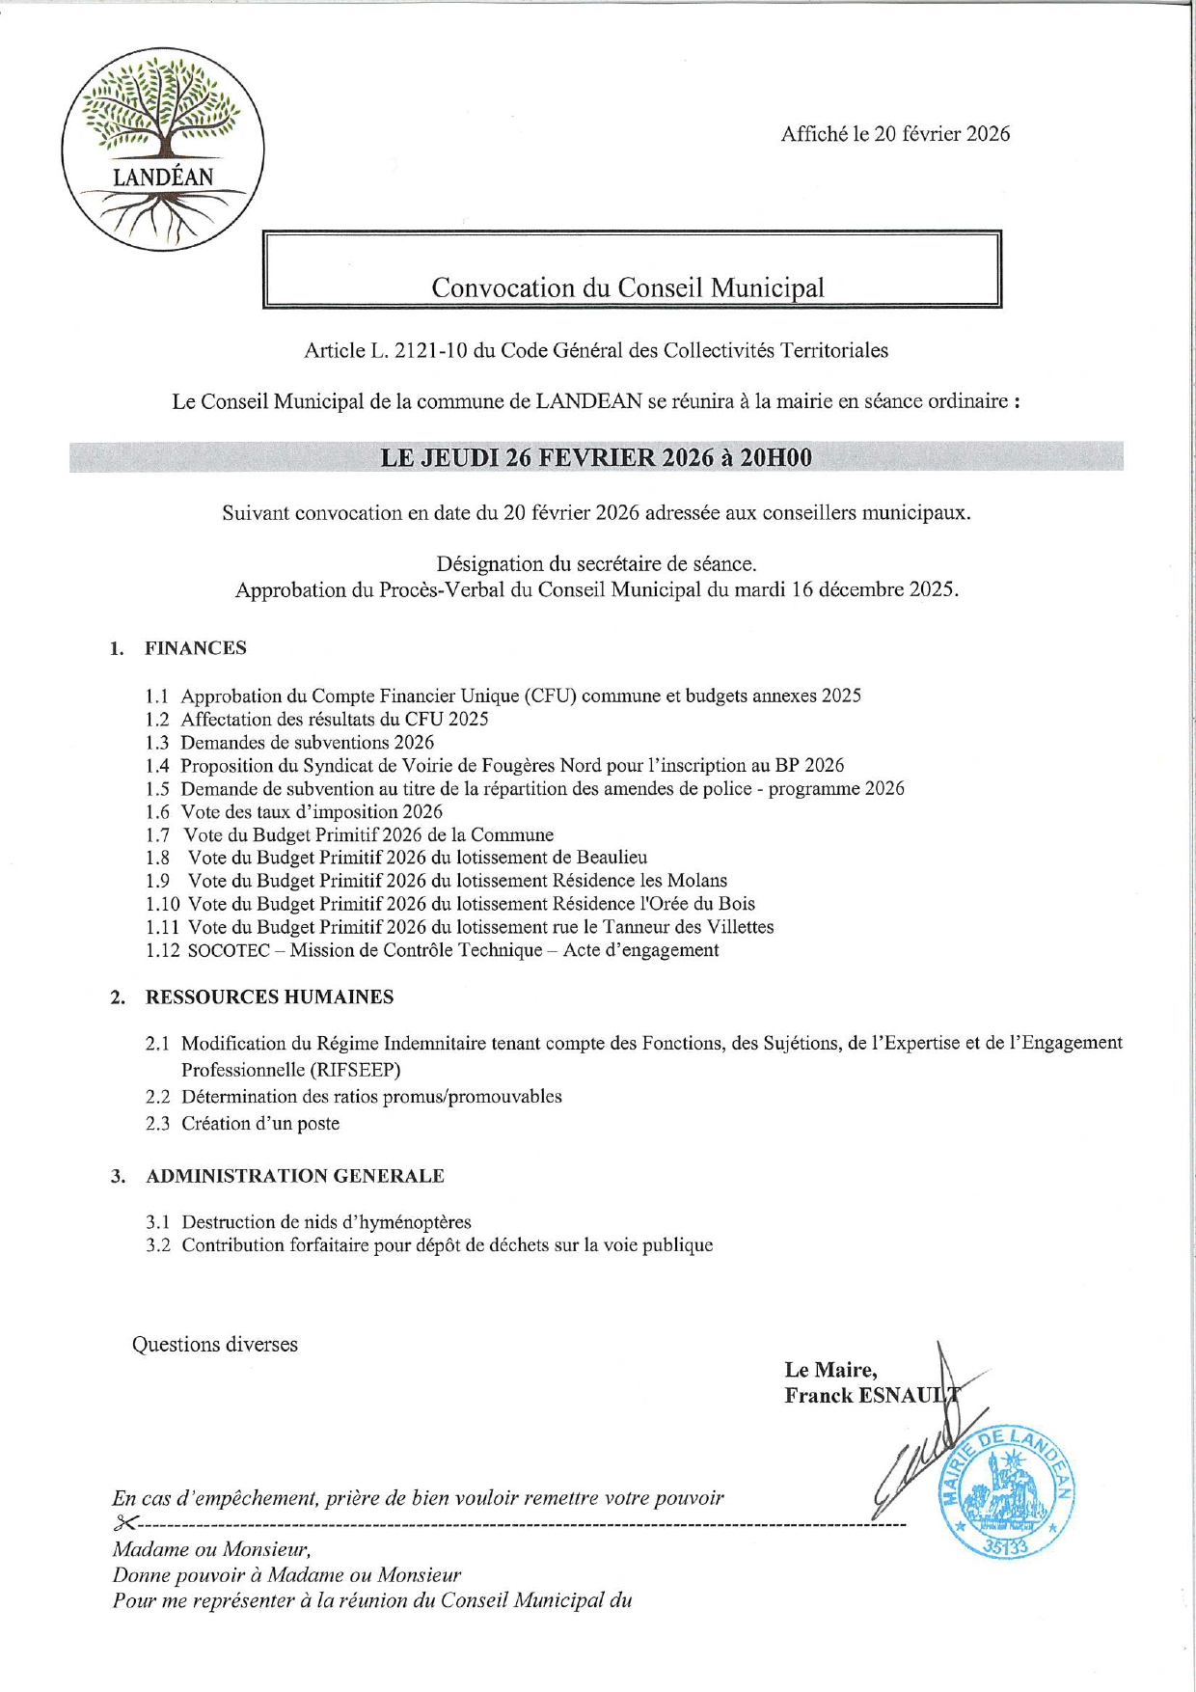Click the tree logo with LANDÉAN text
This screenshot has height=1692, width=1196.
163,150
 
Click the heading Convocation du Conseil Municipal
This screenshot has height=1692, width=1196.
628,287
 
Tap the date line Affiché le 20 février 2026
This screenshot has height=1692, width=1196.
895,134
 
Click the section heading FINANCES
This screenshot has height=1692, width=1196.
196,648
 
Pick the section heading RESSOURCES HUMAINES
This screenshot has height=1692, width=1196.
269,997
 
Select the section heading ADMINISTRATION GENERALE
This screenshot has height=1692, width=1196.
295,1176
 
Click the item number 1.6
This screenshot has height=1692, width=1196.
157,812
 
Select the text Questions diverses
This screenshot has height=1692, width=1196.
215,1345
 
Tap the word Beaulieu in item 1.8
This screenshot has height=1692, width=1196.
612,858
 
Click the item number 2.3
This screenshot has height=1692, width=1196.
157,1123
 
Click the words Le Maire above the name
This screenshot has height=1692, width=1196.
830,1370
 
